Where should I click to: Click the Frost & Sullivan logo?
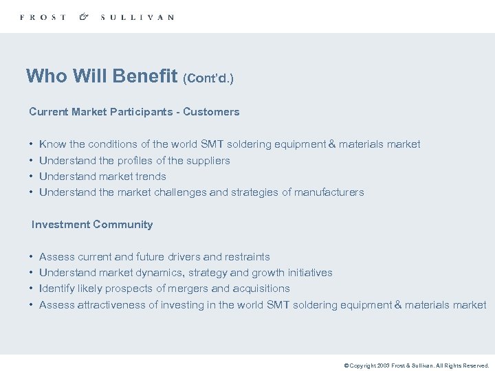click(97, 17)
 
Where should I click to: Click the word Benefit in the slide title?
click(146, 76)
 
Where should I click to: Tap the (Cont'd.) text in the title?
click(208, 78)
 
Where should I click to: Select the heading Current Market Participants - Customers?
click(134, 112)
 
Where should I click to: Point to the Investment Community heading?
click(92, 225)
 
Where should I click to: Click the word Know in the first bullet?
click(53, 144)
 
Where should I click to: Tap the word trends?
click(151, 177)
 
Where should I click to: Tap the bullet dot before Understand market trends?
click(32, 177)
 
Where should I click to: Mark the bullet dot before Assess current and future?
click(32, 257)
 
